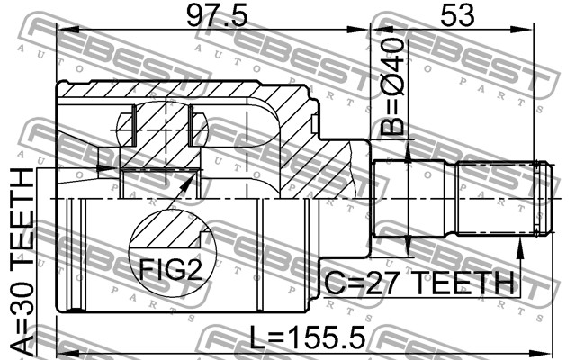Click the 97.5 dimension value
(217, 16)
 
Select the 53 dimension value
(457, 16)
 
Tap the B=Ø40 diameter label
(392, 86)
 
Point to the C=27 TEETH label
(419, 283)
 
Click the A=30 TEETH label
(22, 262)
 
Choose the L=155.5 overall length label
(308, 337)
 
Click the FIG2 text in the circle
(170, 270)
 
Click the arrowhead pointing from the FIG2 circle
(189, 180)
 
